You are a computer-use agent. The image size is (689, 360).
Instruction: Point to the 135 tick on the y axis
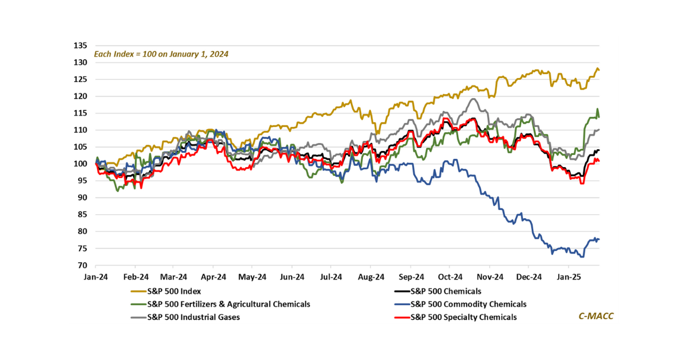pos(81,45)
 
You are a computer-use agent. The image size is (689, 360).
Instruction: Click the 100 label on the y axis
pos(81,164)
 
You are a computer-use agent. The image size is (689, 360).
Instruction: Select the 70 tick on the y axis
pos(83,266)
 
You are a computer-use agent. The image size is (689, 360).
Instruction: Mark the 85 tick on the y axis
pos(83,215)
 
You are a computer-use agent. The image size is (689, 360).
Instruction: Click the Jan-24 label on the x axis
pos(95,277)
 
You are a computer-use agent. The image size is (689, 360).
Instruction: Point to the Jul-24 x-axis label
pos(331,277)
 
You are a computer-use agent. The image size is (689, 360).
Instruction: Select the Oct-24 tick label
pos(450,277)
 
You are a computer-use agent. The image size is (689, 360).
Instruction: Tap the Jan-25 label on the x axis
pos(568,277)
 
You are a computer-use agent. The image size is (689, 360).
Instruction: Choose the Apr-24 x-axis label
pos(214,277)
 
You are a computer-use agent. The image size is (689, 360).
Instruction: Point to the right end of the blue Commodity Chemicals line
pos(599,239)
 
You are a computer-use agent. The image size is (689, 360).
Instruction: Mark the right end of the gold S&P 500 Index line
pos(599,70)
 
